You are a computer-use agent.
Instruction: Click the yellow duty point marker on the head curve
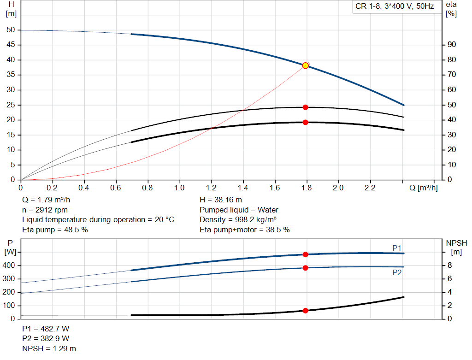coord(305,65)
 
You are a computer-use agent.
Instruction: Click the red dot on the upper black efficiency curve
coord(305,107)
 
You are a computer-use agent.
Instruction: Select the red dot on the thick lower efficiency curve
coord(305,122)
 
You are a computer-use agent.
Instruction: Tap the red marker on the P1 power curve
coord(305,254)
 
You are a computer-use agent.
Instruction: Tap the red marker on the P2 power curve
coord(305,268)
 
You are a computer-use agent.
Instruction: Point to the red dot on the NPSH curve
coord(305,311)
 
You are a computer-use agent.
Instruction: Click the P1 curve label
coord(397,248)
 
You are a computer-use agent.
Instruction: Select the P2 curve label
coord(397,272)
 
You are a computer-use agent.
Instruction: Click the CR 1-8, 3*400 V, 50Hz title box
coord(395,6)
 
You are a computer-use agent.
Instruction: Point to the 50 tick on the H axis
coord(11,30)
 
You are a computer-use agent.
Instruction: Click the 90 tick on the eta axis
coord(452,45)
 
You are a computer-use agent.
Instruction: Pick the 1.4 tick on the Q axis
coord(243,188)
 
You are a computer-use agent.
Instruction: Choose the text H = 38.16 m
coord(221,200)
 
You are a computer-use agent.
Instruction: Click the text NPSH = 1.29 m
coord(49,348)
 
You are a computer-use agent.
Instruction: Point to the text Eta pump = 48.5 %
coord(55,230)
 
